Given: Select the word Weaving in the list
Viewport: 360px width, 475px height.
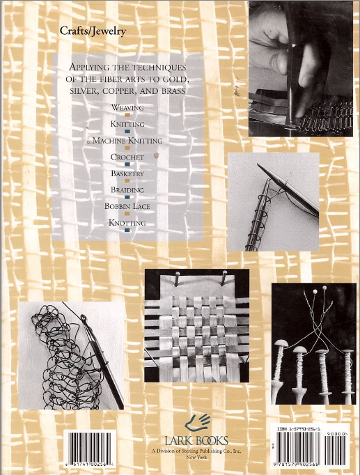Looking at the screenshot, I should tap(127, 109).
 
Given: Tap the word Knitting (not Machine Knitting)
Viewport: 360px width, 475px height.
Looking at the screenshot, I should tap(127, 124).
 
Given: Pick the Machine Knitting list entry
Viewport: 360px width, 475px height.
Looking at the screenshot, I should tap(127, 141).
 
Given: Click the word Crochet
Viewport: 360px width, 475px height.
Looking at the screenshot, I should tap(127, 157).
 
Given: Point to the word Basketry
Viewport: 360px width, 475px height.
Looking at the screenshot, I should tap(127, 173).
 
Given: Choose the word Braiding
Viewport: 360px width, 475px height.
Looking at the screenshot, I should tap(127, 189).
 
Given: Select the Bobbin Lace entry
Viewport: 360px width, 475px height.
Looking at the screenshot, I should tap(127, 206).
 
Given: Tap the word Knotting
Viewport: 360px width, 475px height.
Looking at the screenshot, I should tap(127, 223).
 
